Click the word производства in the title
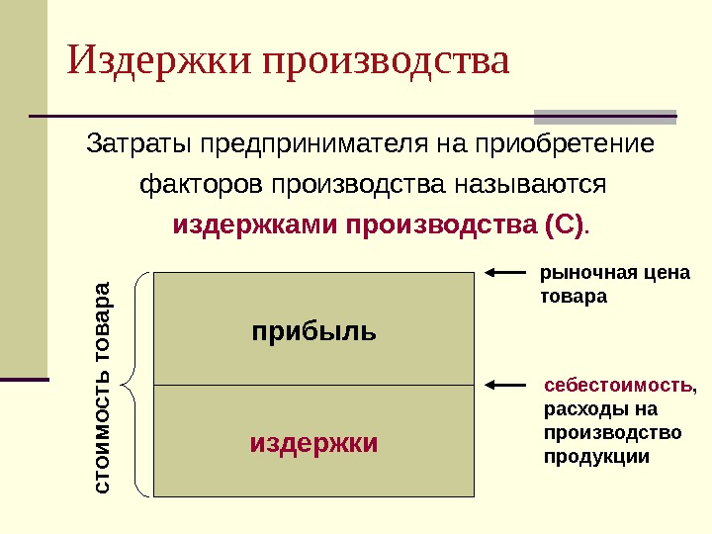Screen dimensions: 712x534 388,61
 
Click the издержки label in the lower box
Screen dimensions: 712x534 314,442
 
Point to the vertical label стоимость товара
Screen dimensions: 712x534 103,388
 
